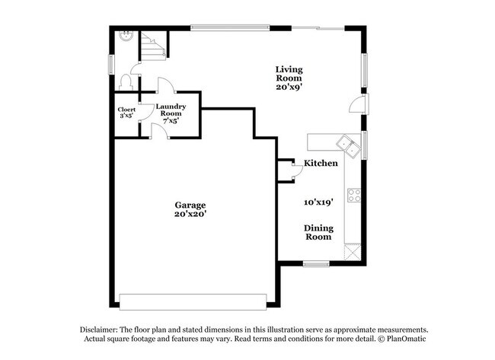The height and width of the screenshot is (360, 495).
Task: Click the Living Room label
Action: point(289,74)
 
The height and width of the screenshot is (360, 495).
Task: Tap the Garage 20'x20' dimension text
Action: point(190,214)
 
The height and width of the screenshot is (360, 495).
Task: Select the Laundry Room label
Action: point(171,110)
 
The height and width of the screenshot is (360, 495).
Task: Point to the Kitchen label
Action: point(321,163)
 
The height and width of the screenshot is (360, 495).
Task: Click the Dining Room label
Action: point(318,232)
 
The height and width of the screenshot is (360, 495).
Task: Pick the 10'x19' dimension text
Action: point(318,202)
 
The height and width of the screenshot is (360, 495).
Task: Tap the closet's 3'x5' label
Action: point(126,116)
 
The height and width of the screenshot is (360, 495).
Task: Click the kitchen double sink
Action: point(348,147)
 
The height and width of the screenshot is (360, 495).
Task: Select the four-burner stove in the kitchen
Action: point(354,196)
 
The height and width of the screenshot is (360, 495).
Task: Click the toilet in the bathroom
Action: point(126,82)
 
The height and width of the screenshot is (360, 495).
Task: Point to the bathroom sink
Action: point(127,36)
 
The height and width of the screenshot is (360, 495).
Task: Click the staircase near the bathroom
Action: point(153,46)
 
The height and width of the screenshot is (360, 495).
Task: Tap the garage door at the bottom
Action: point(193,302)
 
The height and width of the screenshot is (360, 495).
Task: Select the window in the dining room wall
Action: point(316,264)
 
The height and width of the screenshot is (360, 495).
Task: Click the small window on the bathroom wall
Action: point(111,65)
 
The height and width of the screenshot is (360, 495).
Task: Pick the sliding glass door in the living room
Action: point(318,29)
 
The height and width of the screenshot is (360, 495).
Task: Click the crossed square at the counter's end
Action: point(353,252)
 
